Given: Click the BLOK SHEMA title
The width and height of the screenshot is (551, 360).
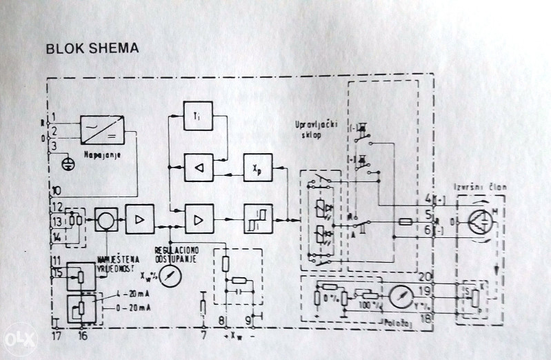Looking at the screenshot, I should pyautogui.click(x=91, y=49).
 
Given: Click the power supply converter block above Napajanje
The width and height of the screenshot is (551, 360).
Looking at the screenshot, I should pyautogui.click(x=102, y=128).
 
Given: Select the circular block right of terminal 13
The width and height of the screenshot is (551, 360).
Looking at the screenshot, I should pyautogui.click(x=107, y=221).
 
